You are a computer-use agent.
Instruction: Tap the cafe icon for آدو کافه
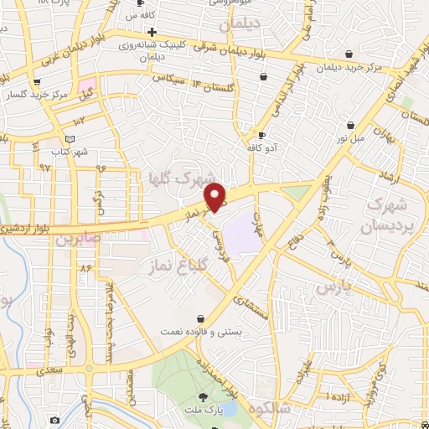pos(261,136)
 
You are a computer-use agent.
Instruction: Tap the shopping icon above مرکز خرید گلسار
pos(35,83)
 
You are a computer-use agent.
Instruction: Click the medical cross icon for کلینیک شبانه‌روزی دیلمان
pos(151,32)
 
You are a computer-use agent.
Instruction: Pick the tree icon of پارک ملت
pos(203,396)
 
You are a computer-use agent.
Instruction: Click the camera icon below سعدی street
pos(54,419)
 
